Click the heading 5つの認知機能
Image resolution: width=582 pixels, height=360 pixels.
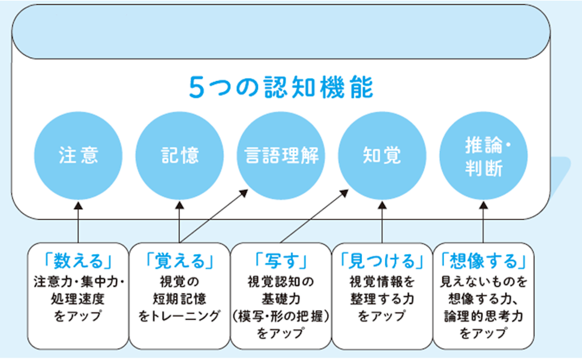point(281,88)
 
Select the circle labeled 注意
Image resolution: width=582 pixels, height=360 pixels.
point(78,155)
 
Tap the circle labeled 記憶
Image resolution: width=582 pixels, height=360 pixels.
point(179,155)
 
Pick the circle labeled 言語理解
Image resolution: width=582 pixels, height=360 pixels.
point(281,155)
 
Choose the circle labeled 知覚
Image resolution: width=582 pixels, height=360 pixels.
point(382,155)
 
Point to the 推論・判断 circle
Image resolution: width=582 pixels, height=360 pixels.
point(483,155)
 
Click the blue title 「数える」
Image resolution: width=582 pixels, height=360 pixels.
point(78,261)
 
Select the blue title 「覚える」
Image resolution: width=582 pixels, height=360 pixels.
point(179,261)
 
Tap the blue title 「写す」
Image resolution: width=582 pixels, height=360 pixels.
point(281,261)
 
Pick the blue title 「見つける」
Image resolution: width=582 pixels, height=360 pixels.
point(382,261)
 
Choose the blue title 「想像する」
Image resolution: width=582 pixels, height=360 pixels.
point(483,261)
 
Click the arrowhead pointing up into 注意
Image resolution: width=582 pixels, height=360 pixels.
point(78,205)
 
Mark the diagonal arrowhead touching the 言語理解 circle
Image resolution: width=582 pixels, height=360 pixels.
point(244,193)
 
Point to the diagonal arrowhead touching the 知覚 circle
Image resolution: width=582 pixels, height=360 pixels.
point(344,193)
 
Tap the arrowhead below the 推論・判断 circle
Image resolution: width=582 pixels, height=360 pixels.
point(483,205)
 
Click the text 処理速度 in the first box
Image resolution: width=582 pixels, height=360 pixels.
point(78,299)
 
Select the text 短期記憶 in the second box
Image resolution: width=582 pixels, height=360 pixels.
point(179,299)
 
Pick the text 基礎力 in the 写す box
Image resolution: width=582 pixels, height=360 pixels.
point(281,299)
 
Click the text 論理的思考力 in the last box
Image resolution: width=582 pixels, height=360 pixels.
point(483,316)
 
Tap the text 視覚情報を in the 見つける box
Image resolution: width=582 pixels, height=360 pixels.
point(382,282)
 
